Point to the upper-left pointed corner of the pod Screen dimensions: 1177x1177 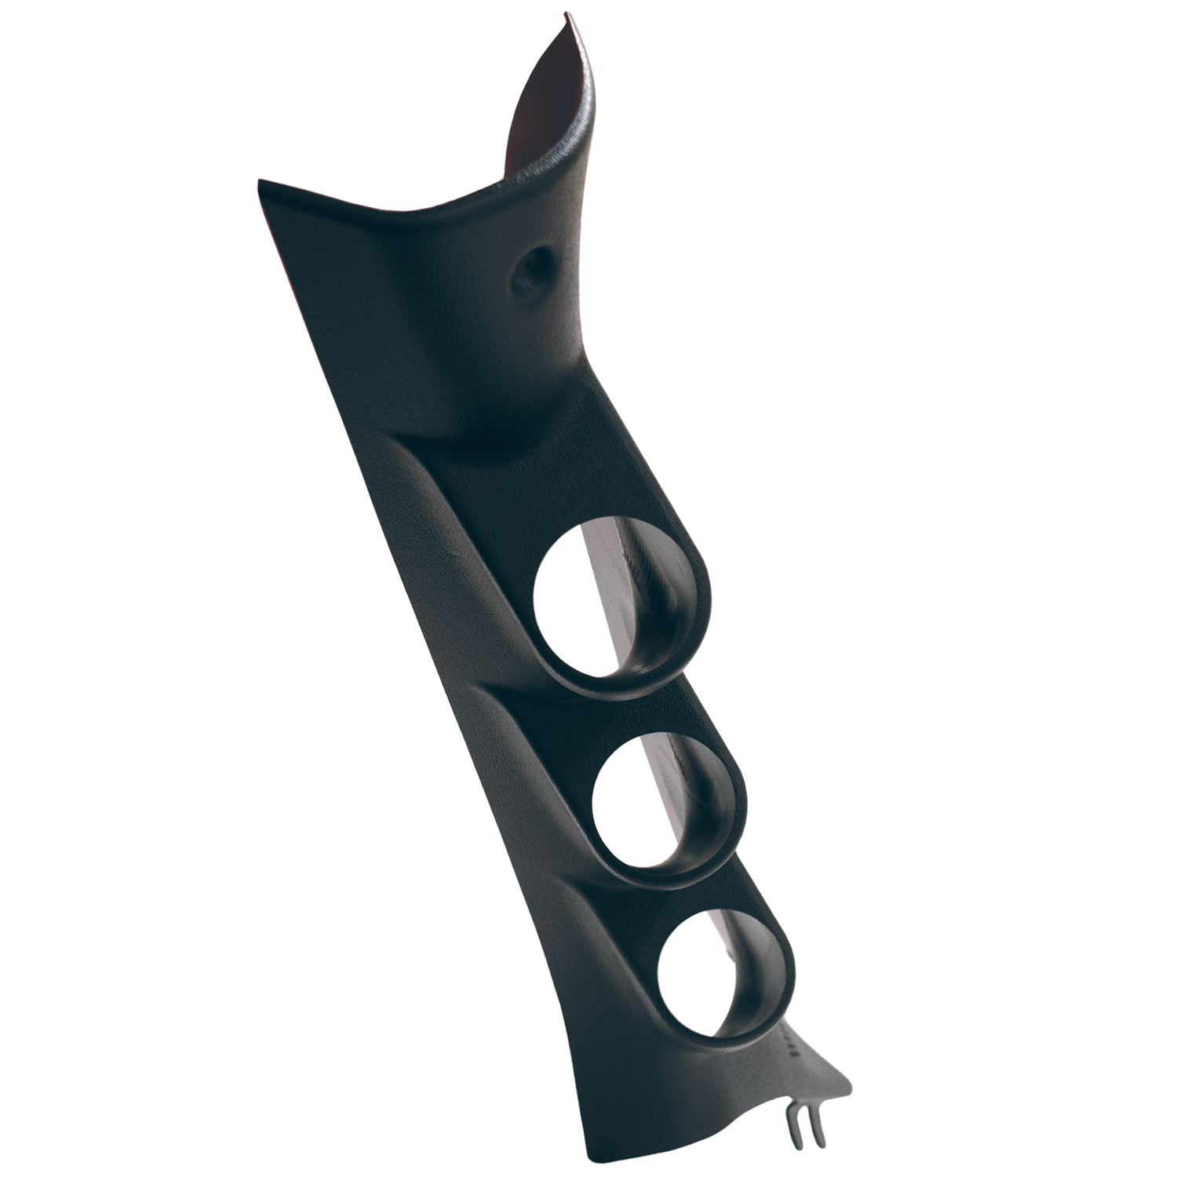coord(261,182)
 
